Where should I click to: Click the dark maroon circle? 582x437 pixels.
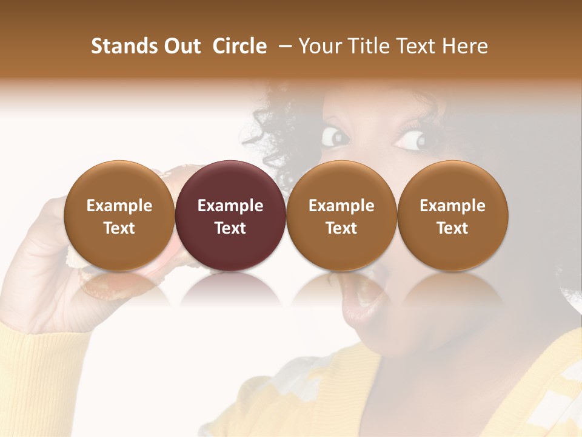pos(230,216)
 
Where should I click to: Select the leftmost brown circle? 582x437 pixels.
pos(119,216)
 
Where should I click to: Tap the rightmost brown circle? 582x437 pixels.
pos(452,216)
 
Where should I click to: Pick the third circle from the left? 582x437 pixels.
pos(341,216)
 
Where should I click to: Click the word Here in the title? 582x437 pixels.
pos(465,46)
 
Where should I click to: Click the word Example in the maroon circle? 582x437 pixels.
pos(230,206)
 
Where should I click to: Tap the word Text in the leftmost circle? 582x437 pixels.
pos(119,228)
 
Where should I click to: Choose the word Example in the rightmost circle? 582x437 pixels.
pos(452,206)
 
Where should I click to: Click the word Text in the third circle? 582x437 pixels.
pos(341,228)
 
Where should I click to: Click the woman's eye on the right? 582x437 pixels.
pos(413,140)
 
